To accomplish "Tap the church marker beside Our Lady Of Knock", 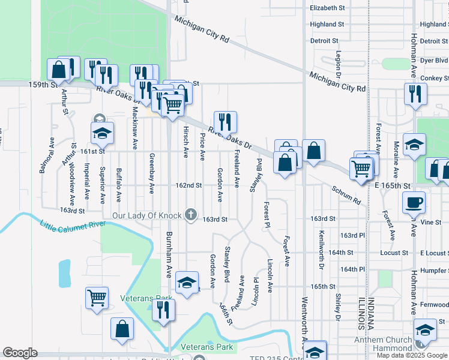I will (191, 214).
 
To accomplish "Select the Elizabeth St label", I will (327, 8).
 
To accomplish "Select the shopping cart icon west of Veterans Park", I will (97, 298).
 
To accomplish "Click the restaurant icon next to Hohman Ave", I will (415, 94).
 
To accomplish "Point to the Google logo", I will (20, 353).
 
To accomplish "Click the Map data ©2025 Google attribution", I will (412, 355).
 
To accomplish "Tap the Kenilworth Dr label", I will (322, 249).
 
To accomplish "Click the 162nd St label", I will (188, 185).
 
